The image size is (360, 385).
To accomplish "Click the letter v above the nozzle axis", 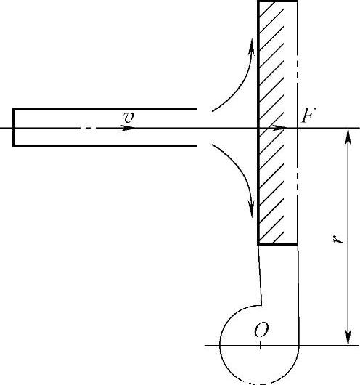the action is coord(129,118).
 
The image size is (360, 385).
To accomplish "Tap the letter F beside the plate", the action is coord(308,115).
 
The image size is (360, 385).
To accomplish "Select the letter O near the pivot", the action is coord(261,330).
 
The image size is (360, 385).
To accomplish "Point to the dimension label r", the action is coord(338,239).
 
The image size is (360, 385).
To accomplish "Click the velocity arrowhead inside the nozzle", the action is coord(128,128).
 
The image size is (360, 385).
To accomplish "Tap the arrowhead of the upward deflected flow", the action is coord(252,46).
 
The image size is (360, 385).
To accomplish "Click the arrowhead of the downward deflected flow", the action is coord(252,209).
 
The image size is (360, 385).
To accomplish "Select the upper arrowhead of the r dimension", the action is coord(348,137).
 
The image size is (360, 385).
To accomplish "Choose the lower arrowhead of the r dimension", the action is coord(348,336).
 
